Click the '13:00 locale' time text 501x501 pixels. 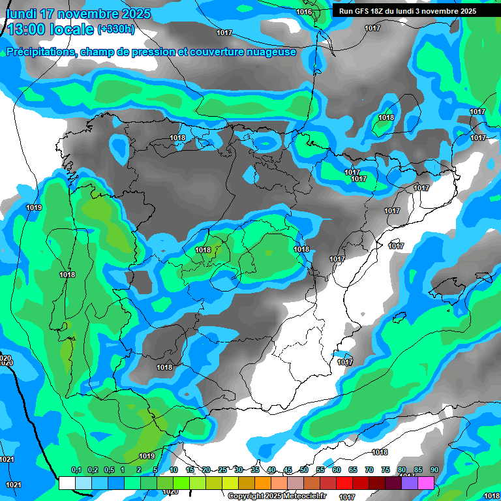[x=51, y=29]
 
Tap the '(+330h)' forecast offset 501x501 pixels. [x=116, y=29]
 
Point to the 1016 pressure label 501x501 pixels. [x=304, y=12]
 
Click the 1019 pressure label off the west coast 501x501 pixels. [x=34, y=207]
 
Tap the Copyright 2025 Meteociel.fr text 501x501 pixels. [x=277, y=496]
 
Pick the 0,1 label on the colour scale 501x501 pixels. [x=76, y=470]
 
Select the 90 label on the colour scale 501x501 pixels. [x=434, y=470]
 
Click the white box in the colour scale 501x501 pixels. [x=67, y=483]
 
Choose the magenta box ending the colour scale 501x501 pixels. [x=426, y=483]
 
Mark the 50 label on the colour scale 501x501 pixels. [x=304, y=470]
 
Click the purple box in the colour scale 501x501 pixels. [x=410, y=483]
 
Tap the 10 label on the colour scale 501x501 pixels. [x=174, y=470]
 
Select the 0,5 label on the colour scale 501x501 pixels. [x=108, y=470]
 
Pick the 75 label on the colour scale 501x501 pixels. [x=386, y=470]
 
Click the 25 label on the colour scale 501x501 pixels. [x=222, y=470]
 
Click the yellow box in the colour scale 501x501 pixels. [x=230, y=483]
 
